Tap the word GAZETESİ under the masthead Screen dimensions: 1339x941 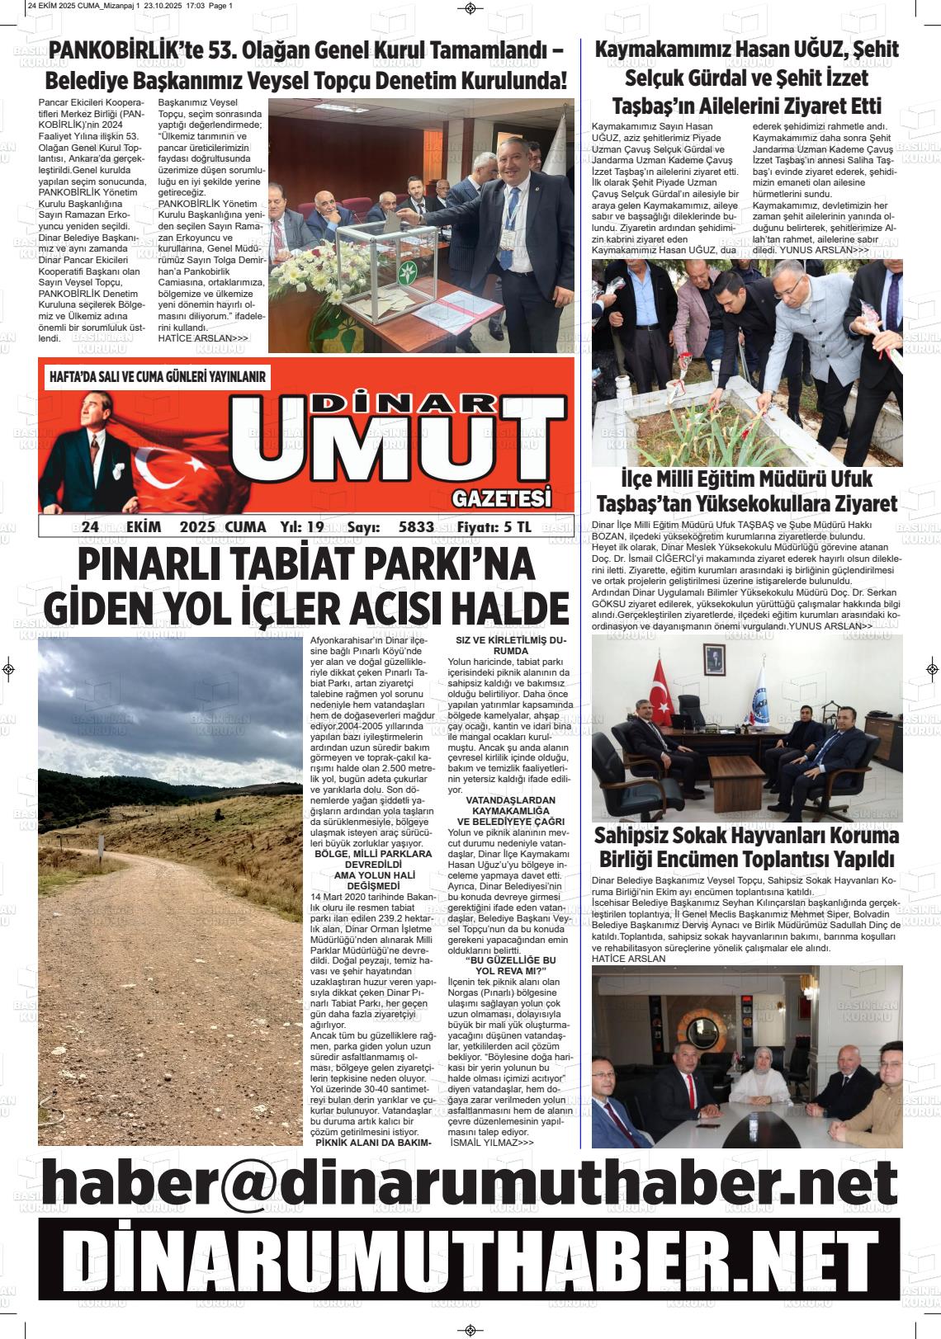[x=501, y=499]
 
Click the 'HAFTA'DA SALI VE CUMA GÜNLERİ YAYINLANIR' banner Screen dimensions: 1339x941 [x=158, y=377]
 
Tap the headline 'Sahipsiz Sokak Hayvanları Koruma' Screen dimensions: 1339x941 [x=746, y=836]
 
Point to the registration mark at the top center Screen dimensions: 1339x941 [x=470, y=8]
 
